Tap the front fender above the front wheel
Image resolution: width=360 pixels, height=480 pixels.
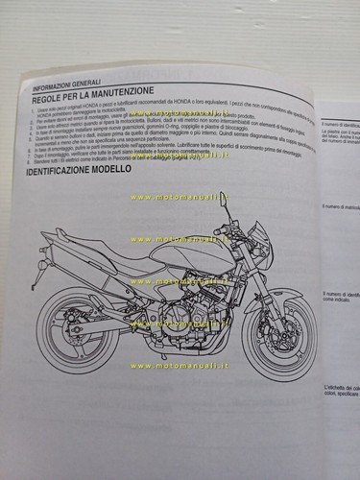click(269, 293)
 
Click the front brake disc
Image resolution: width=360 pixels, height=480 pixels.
click(275, 331)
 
